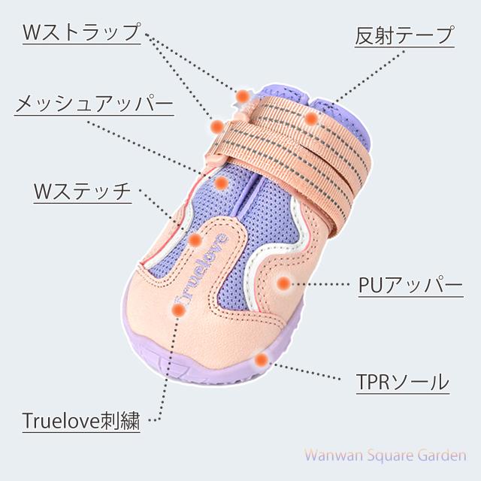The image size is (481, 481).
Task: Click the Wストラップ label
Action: pyautogui.click(x=81, y=32)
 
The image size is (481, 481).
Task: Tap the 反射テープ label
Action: pyautogui.click(x=404, y=35)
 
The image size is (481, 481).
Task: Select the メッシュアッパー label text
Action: pyautogui.click(x=94, y=104)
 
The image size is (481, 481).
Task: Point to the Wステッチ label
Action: pyautogui.click(x=82, y=192)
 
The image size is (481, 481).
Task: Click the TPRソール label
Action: pyautogui.click(x=402, y=381)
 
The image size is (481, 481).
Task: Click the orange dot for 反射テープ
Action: pyautogui.click(x=310, y=119)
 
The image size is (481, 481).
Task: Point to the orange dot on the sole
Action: pyautogui.click(x=260, y=359)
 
